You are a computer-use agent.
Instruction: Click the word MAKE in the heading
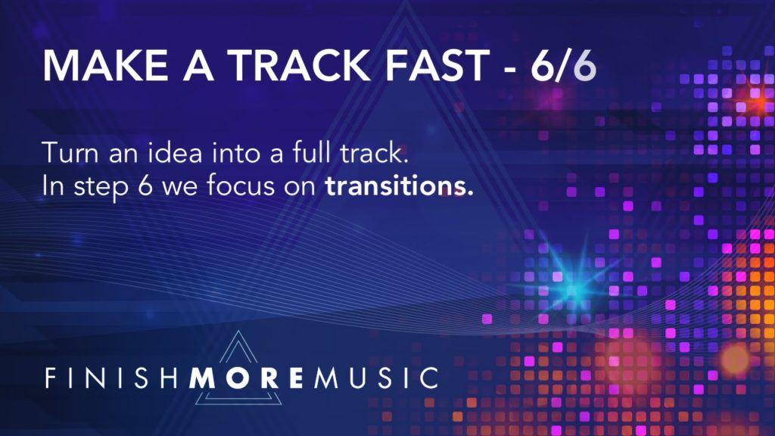pyautogui.click(x=105, y=65)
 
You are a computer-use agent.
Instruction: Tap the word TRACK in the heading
pyautogui.click(x=301, y=65)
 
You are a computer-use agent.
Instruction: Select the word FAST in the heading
pyautogui.click(x=437, y=65)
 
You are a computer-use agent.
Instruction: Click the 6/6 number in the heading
pyautogui.click(x=563, y=65)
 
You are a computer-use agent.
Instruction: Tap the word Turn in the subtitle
pyautogui.click(x=70, y=153)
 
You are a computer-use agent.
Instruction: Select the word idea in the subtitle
pyautogui.click(x=176, y=152)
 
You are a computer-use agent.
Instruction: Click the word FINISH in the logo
pyautogui.click(x=111, y=378)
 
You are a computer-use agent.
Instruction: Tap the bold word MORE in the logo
pyautogui.click(x=246, y=378)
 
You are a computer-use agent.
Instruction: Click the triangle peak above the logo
pyautogui.click(x=239, y=332)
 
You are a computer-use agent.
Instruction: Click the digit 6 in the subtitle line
pyautogui.click(x=145, y=186)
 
